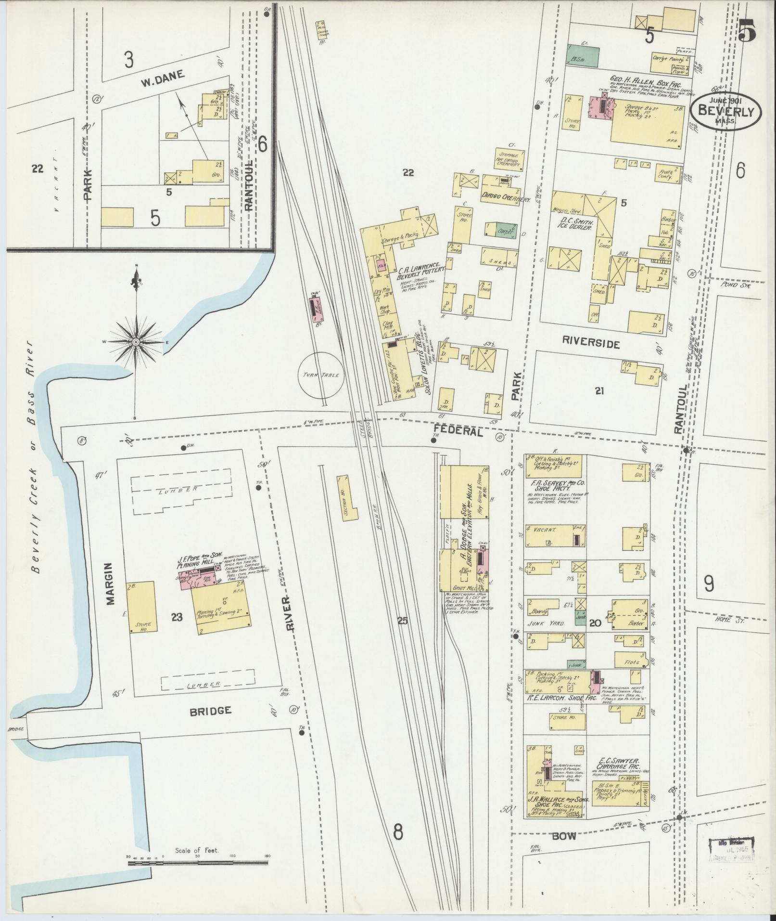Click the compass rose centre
136,341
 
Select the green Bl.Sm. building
583,56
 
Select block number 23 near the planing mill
177,617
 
